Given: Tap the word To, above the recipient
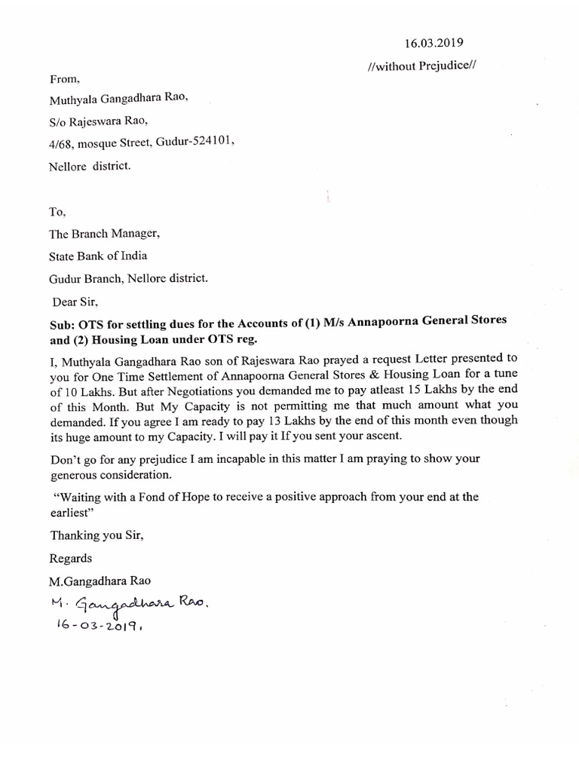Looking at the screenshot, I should [x=59, y=213].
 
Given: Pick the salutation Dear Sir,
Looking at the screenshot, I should [x=75, y=302].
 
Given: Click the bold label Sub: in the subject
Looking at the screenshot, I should [x=63, y=320].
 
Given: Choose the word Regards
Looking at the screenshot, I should [x=71, y=559].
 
